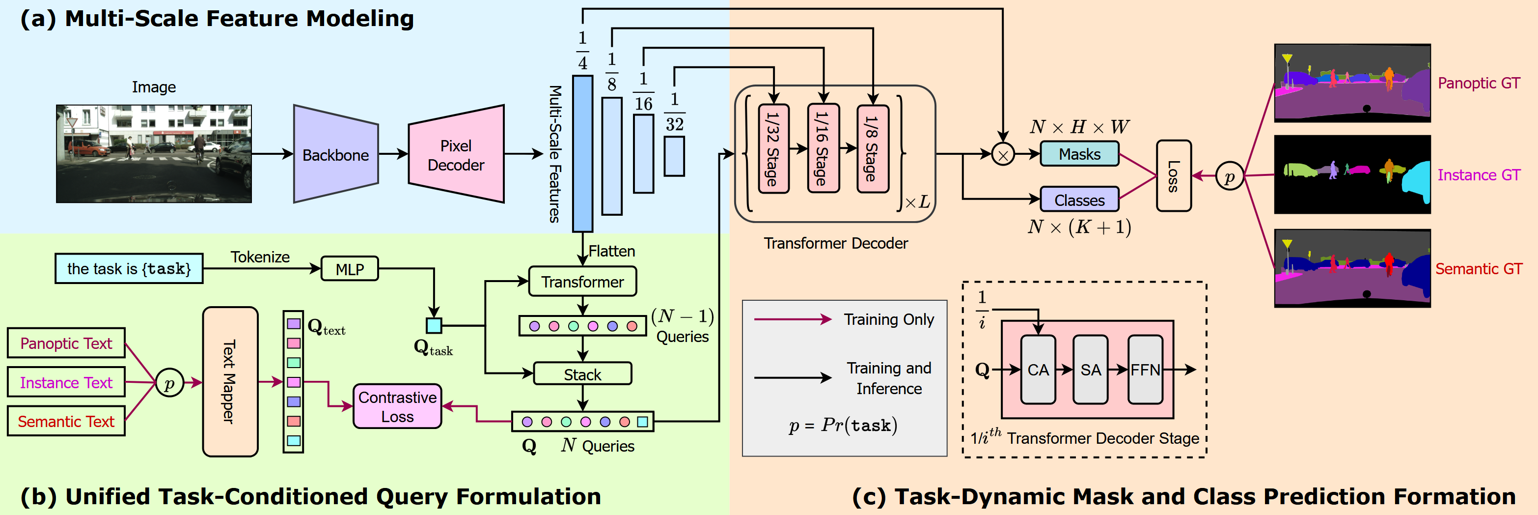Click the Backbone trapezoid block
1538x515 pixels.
335,154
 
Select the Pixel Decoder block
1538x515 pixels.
456,155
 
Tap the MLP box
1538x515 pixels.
349,269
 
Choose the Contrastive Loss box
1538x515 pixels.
397,406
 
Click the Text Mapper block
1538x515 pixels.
230,382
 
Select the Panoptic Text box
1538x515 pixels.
66,343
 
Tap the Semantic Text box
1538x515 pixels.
66,421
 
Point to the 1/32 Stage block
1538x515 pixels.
773,149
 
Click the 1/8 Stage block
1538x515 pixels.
872,149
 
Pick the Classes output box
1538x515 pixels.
1079,200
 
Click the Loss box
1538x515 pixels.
1173,175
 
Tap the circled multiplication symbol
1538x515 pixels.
1002,155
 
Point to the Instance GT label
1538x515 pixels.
1478,175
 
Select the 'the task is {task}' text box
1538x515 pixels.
129,269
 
